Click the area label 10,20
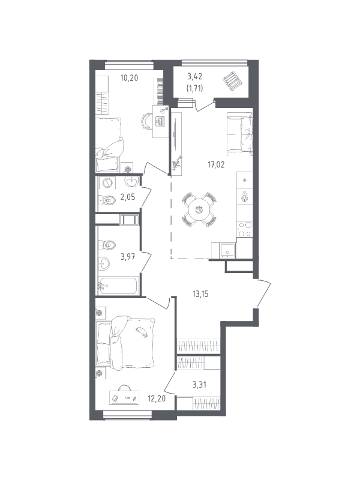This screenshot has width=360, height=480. pyautogui.click(x=129, y=78)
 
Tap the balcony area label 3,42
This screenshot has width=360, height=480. pyautogui.click(x=194, y=76)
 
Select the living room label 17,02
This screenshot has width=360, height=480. pyautogui.click(x=216, y=164)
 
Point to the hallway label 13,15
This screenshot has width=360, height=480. pyautogui.click(x=200, y=294)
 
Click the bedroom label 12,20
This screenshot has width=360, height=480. pyautogui.click(x=157, y=398)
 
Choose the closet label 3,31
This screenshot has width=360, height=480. pyautogui.click(x=199, y=385)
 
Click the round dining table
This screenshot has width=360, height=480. pyautogui.click(x=199, y=209)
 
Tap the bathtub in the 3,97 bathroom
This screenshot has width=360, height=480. pyautogui.click(x=119, y=286)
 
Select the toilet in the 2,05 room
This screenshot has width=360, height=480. pyautogui.click(x=107, y=200)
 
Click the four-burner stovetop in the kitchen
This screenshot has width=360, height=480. pyautogui.click(x=245, y=229)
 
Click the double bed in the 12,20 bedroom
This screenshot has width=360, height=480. pyautogui.click(x=125, y=343)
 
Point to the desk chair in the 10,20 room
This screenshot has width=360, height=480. pyautogui.click(x=146, y=121)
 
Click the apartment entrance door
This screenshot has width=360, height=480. pyautogui.click(x=263, y=293)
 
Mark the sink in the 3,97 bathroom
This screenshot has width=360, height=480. pyautogui.click(x=104, y=264)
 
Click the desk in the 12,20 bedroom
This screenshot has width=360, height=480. pyautogui.click(x=124, y=397)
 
